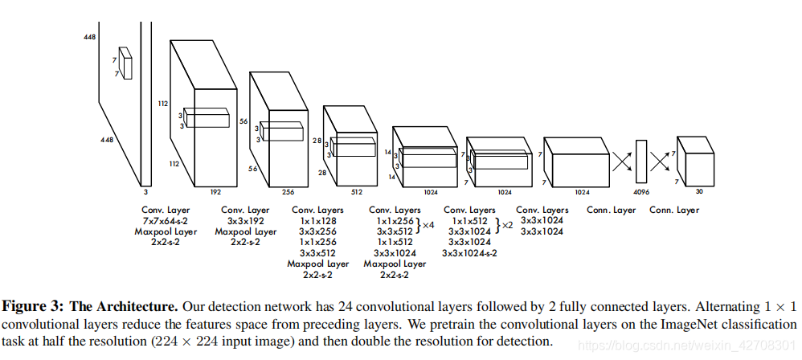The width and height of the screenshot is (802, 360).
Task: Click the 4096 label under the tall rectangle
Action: (640, 193)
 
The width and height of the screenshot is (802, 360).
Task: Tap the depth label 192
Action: (216, 193)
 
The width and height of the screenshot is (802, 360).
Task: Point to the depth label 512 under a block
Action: (357, 193)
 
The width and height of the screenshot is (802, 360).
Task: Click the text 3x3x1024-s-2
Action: (469, 253)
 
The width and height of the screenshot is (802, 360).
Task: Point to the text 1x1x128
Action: (320, 221)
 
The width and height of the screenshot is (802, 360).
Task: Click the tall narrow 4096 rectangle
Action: (641, 161)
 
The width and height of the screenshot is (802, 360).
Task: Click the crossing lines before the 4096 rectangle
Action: (621, 162)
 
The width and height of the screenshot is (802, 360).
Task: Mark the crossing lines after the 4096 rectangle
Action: (661, 162)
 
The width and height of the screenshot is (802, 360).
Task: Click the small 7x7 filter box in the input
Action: (124, 62)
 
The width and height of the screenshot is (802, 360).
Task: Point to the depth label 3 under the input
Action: (146, 193)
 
